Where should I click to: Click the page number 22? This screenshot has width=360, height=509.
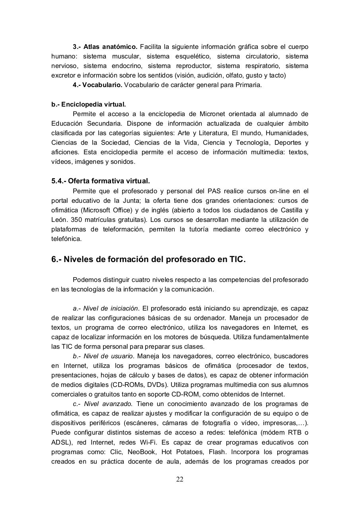coord(180,479)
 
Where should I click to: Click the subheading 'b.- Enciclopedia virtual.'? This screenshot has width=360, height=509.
coord(89,105)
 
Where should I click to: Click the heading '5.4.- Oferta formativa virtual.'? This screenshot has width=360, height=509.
coord(101,181)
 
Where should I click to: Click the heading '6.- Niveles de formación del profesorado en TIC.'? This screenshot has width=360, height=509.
coord(148,260)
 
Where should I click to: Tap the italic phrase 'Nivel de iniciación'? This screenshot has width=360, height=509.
coord(111,309)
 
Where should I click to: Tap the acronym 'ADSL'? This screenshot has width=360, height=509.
coord(60,442)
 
